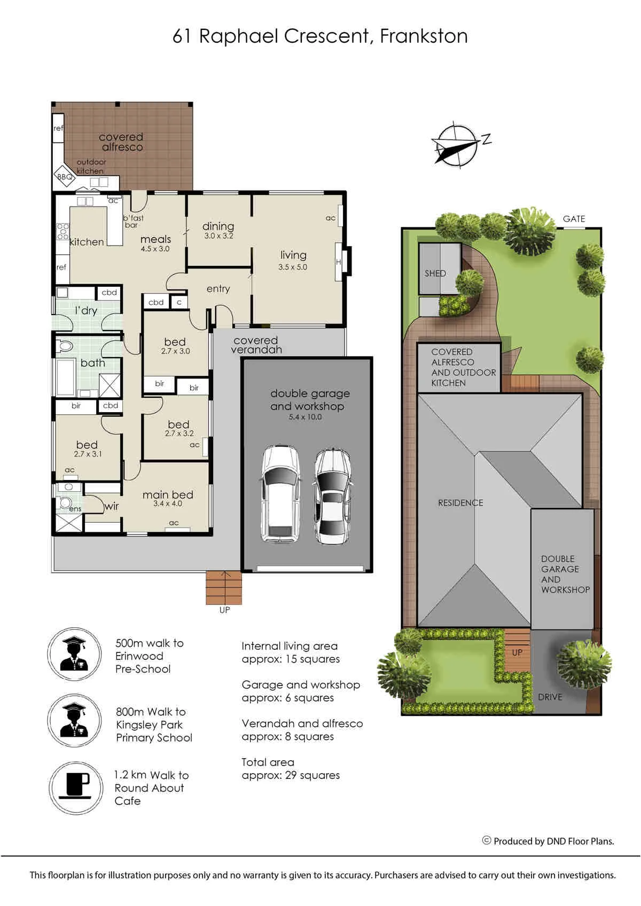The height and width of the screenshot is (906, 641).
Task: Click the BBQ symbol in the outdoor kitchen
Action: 65,176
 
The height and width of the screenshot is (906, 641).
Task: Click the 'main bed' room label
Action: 168,494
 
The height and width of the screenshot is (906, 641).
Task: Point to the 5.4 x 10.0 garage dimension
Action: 305,416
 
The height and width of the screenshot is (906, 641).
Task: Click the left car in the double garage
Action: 281,494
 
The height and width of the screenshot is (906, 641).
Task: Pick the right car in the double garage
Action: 333,497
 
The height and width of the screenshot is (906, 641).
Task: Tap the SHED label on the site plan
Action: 435,273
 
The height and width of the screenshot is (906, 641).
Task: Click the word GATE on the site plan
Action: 574,219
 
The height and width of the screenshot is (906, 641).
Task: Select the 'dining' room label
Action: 218,226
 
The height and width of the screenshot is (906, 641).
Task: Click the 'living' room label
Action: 293,255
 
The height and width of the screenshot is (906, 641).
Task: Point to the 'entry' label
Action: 218,288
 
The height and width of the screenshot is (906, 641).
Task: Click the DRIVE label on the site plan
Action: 550,697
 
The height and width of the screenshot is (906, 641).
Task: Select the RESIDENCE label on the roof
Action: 460,503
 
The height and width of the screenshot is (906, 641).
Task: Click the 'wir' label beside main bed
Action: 112,506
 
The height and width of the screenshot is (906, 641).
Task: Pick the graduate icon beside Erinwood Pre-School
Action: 74,654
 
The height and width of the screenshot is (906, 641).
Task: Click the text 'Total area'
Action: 268,762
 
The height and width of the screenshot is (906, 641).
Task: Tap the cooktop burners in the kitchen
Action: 62,231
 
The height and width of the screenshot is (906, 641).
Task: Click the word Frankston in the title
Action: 424,36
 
